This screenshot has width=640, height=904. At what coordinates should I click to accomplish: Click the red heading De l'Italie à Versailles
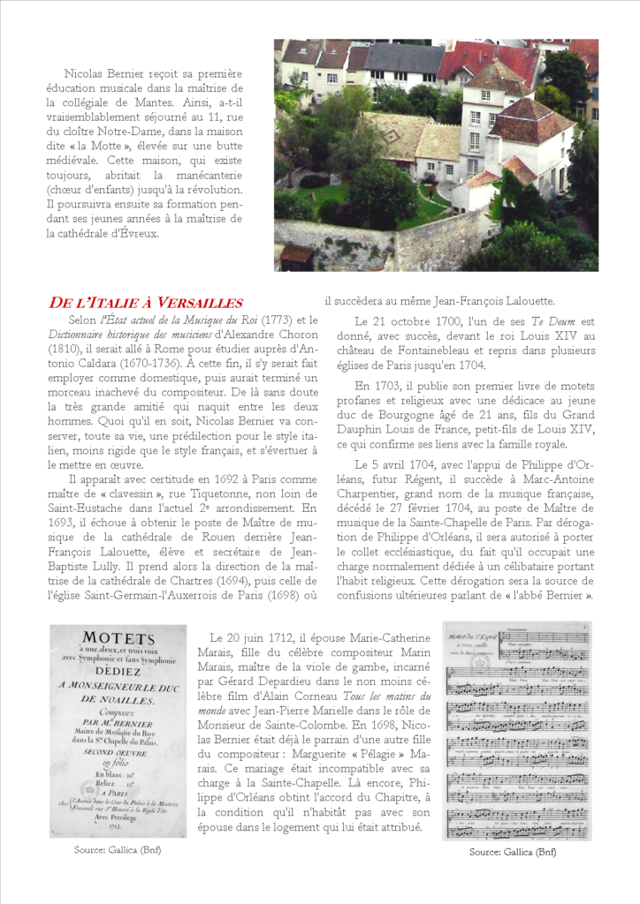coord(145,303)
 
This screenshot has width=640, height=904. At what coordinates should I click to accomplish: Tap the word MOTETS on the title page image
coord(118,637)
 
